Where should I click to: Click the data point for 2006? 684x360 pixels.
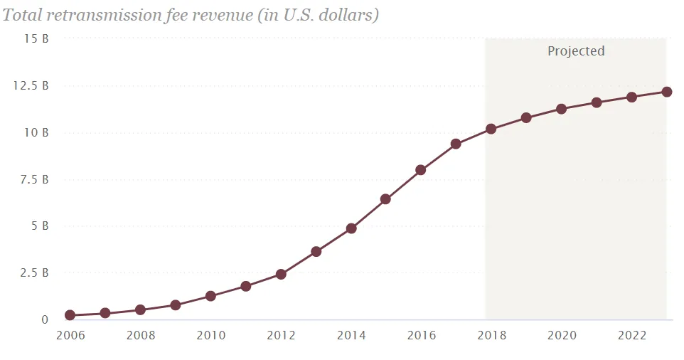70,315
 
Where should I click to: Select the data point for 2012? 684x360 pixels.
281,274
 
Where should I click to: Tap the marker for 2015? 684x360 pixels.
385,199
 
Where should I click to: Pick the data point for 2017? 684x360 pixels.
456,144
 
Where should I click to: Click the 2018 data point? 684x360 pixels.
491,129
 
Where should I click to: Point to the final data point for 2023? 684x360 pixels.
666,92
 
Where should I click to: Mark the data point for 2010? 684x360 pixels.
210,296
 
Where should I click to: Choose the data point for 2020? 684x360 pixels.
561,109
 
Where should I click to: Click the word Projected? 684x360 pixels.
576,51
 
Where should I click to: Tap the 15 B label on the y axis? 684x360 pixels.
36,39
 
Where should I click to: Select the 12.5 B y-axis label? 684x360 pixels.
31,85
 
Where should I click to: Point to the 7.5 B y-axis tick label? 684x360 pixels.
34,179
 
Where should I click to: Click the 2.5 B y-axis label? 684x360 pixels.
34,273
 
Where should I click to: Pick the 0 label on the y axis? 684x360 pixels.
45,320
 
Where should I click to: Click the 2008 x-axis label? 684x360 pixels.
141,335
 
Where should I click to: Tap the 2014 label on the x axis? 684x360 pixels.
351,335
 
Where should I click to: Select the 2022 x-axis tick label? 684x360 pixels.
632,335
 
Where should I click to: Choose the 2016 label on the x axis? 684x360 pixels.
422,335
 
